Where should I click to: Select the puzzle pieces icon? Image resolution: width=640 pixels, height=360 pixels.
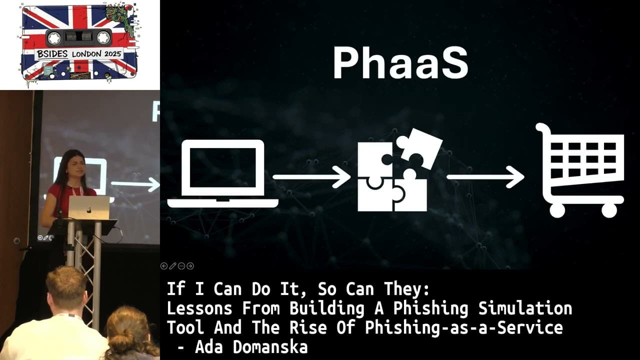tap(397, 170)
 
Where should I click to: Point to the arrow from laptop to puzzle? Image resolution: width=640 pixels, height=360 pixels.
tap(311, 177)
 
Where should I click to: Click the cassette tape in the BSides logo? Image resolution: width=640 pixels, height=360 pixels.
tap(78, 37)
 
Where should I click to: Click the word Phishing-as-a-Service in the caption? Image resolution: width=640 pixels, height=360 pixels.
tap(463, 328)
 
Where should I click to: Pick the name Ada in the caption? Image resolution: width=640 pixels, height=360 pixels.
tap(208, 347)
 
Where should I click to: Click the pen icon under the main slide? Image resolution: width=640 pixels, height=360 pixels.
tap(172, 266)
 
